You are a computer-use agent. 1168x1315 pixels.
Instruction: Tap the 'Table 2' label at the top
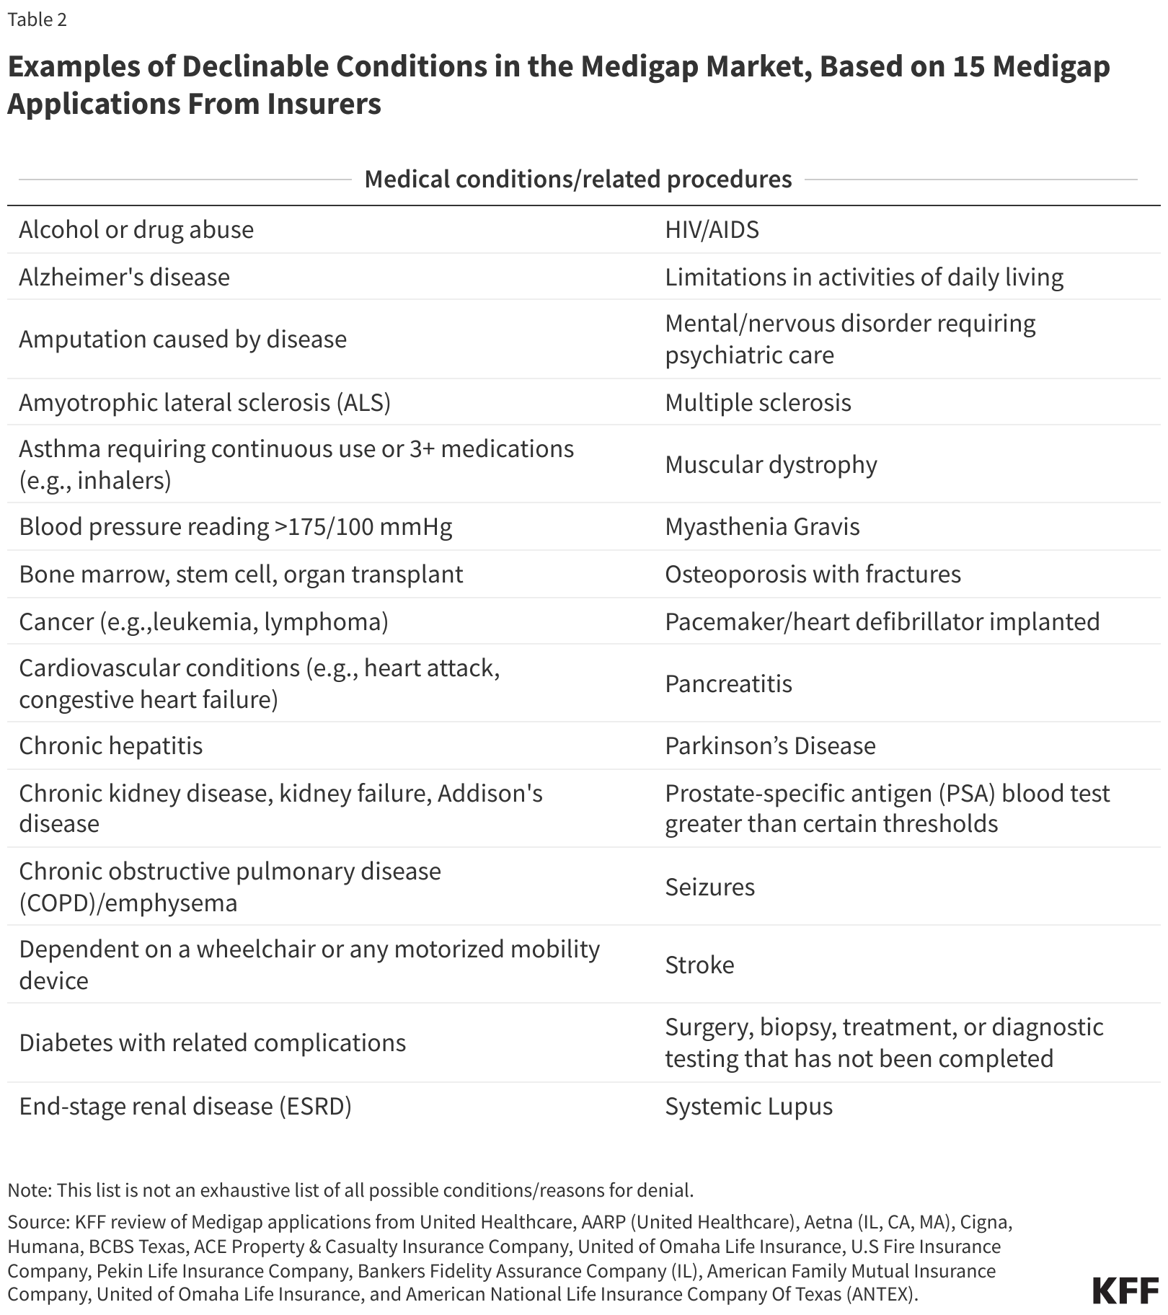click(x=37, y=20)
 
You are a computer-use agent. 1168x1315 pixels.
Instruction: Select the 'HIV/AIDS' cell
click(x=712, y=230)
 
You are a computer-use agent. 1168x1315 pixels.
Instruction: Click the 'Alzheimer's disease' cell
click(x=124, y=277)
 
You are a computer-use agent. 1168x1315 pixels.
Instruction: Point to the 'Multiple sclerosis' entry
click(x=758, y=402)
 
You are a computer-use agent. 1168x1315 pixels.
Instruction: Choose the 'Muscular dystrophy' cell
click(x=771, y=464)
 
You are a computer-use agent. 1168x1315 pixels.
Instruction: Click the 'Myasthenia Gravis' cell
click(x=762, y=526)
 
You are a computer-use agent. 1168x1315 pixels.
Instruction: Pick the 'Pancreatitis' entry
click(x=728, y=683)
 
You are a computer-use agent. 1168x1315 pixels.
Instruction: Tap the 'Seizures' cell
click(x=709, y=887)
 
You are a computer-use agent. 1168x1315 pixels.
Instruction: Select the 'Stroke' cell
click(x=699, y=965)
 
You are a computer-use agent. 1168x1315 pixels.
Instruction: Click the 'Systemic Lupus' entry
click(x=748, y=1106)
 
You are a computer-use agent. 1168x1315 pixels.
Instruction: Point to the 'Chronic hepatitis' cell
click(x=110, y=745)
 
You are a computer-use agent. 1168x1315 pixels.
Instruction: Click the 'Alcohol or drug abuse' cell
click(x=136, y=230)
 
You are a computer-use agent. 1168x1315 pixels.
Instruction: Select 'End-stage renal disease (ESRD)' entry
click(x=185, y=1106)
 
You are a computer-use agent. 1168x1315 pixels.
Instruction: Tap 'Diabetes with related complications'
click(x=212, y=1042)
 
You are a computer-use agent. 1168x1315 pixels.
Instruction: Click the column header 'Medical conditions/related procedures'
click(x=578, y=179)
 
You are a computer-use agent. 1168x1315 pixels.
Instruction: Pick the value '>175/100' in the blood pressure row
click(x=315, y=527)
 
